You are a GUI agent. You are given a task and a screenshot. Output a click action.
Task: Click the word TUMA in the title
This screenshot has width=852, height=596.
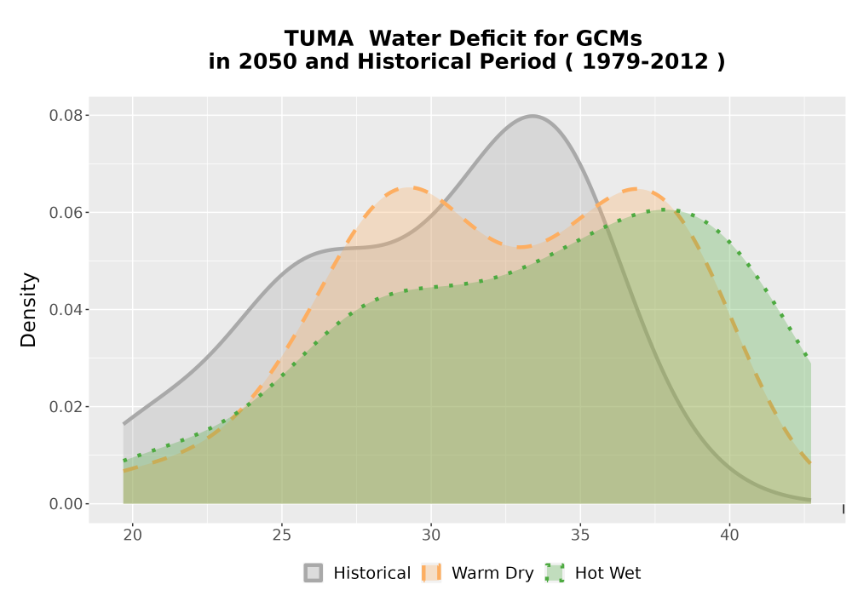pos(319,38)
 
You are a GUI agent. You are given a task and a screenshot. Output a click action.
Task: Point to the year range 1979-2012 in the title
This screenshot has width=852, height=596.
pos(645,61)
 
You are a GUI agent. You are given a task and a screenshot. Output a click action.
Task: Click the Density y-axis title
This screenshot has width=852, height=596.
pos(28,310)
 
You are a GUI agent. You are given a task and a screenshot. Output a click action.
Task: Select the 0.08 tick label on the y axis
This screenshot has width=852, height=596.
pos(66,116)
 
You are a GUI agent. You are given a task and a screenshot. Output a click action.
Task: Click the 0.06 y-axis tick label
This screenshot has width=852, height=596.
pos(66,213)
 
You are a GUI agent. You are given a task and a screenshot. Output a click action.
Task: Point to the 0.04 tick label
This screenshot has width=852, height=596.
pos(66,310)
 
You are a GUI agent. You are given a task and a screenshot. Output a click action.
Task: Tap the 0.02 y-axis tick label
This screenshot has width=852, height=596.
pos(66,407)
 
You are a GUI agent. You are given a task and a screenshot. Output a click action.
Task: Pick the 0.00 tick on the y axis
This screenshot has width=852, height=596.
pos(66,504)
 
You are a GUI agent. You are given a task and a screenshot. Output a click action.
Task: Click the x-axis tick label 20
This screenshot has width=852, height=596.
pos(133,536)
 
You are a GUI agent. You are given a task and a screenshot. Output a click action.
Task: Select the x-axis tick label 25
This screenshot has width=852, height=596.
pos(281,536)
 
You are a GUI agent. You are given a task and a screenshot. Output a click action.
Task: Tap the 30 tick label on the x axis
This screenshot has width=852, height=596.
pos(431,536)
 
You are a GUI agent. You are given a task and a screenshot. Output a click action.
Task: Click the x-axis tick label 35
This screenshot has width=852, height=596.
pos(580,536)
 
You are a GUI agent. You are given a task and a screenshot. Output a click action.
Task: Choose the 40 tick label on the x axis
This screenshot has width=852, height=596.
pos(729,536)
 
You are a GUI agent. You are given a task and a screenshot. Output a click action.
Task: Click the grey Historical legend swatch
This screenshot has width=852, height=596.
pos(313,573)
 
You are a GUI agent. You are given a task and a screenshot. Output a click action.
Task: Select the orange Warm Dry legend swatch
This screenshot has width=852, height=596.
pos(431,573)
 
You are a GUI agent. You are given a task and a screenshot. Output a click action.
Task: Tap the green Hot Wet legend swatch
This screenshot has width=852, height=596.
pos(555,573)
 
